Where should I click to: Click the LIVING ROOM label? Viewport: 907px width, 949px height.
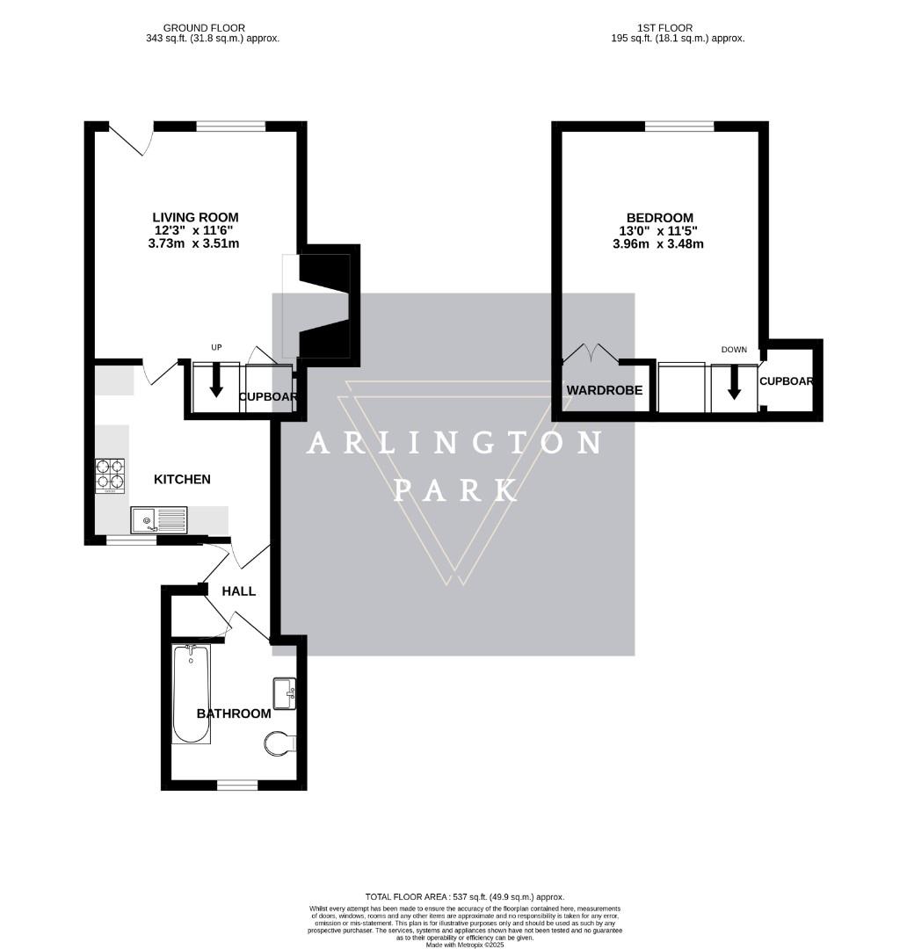pyautogui.click(x=195, y=217)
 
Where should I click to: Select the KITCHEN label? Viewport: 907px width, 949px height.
pyautogui.click(x=182, y=479)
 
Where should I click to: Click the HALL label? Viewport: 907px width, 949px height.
pyautogui.click(x=238, y=591)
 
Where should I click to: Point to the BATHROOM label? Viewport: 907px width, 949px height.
pyautogui.click(x=234, y=714)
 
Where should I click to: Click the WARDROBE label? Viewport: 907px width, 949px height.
pyautogui.click(x=604, y=390)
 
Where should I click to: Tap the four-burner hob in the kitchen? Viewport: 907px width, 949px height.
pyautogui.click(x=110, y=475)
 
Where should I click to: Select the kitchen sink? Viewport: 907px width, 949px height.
pyautogui.click(x=159, y=520)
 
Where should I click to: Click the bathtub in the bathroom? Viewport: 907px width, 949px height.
pyautogui.click(x=191, y=694)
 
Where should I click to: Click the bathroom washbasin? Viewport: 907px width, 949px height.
pyautogui.click(x=285, y=692)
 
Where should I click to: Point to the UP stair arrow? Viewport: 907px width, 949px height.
pyautogui.click(x=216, y=380)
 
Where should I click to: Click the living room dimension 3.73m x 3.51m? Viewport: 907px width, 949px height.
pyautogui.click(x=195, y=243)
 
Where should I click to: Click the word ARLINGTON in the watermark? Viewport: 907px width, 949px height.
pyautogui.click(x=453, y=444)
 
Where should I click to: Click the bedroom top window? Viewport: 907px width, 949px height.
pyautogui.click(x=679, y=127)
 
